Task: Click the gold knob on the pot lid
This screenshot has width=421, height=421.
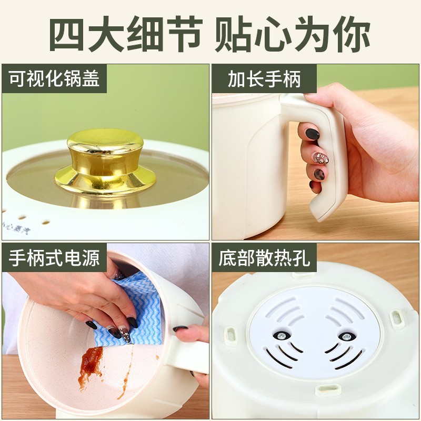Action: (105, 158)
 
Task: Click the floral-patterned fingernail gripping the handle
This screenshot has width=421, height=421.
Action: (320, 158)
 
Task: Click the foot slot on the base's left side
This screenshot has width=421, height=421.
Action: (230, 333)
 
